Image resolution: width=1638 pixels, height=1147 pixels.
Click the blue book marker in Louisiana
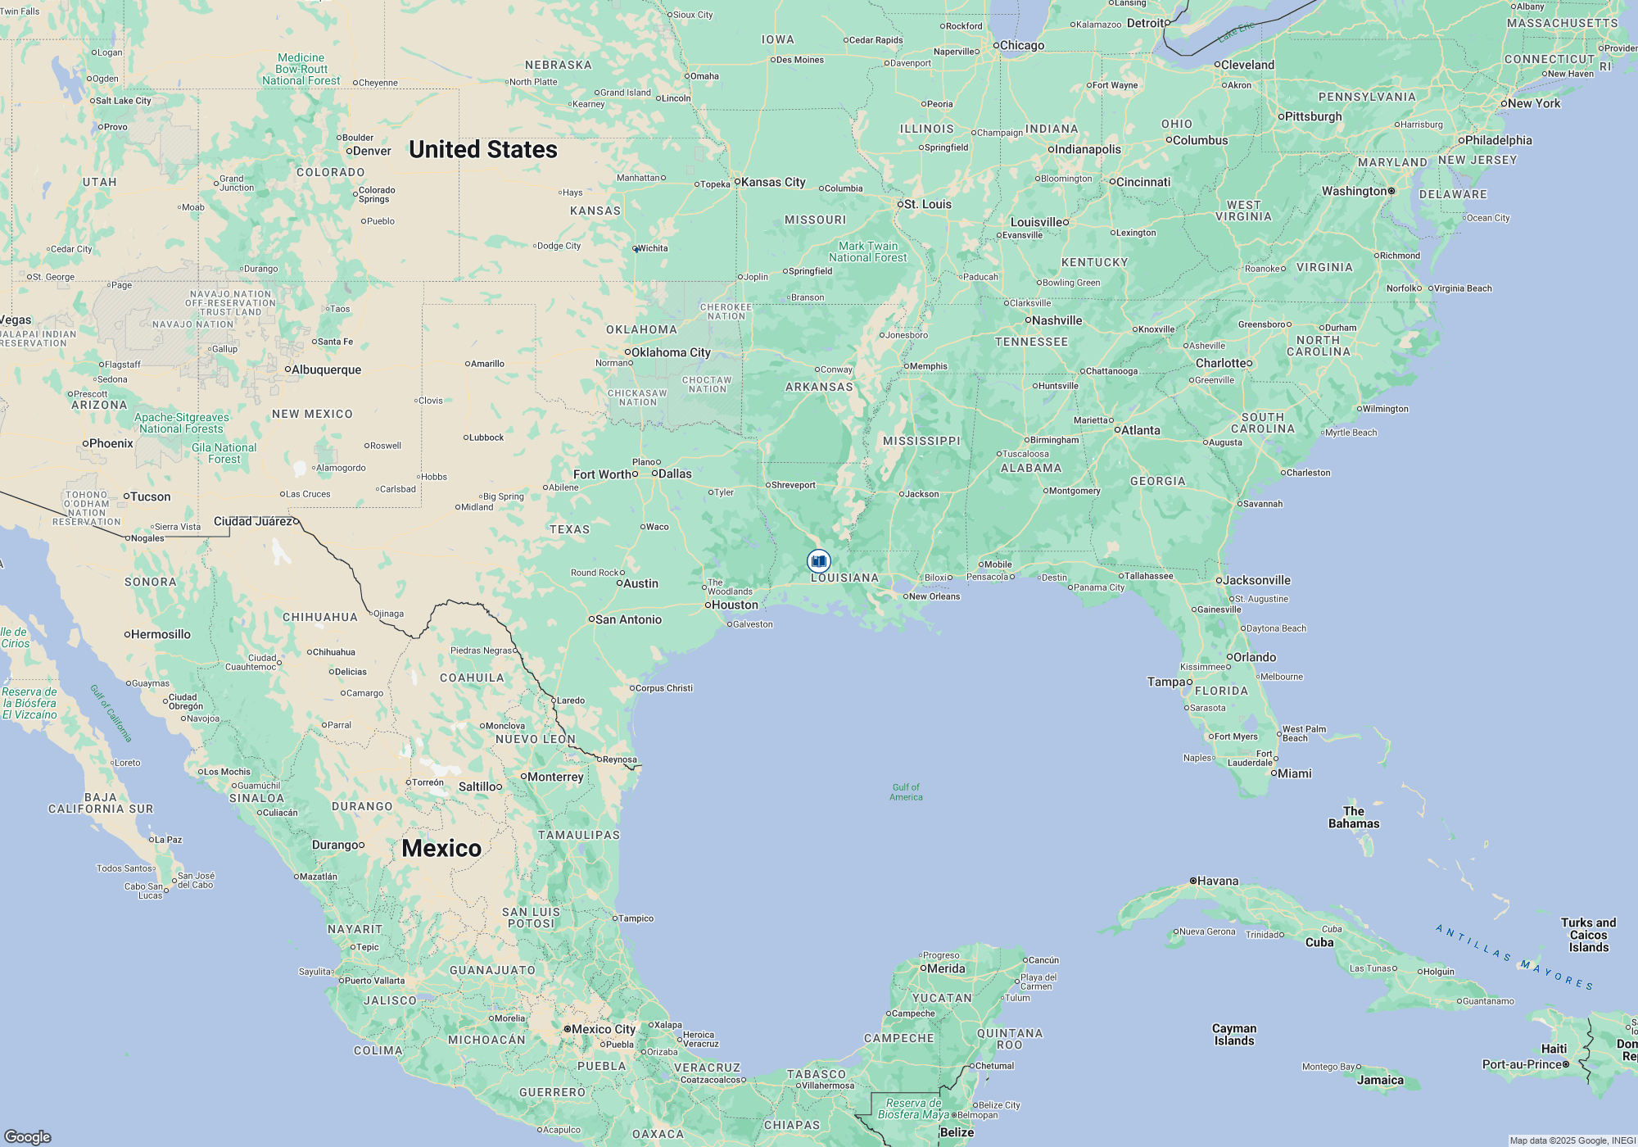coord(818,561)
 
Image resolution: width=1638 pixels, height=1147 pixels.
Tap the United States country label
coord(483,149)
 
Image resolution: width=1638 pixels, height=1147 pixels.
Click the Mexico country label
coord(441,848)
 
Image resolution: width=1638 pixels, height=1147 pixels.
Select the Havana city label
coord(1217,882)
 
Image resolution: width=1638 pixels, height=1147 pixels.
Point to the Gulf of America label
coord(906,792)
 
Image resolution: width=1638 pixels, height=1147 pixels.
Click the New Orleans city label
coord(934,596)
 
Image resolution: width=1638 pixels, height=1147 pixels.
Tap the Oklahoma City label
coord(670,352)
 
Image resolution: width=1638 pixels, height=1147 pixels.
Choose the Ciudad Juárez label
coord(253,521)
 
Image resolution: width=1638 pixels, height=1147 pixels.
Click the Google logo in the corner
coord(27,1137)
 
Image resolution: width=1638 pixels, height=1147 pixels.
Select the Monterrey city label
coord(555,777)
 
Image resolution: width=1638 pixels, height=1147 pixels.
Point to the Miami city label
coord(1294,773)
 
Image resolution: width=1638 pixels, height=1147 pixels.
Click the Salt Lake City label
coord(123,101)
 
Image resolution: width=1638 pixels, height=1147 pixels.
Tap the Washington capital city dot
coord(1391,191)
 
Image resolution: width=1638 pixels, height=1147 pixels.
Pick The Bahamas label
coord(1354,818)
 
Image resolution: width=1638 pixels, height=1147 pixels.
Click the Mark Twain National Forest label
coord(867,252)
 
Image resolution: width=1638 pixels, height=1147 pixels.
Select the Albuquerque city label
coord(326,369)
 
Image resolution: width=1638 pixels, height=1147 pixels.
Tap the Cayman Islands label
coord(1233,1035)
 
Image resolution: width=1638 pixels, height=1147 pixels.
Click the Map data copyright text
coord(1572,1140)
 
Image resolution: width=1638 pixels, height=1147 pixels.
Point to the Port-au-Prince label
coord(1522,1064)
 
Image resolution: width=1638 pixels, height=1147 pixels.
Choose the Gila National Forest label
coord(224,453)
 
